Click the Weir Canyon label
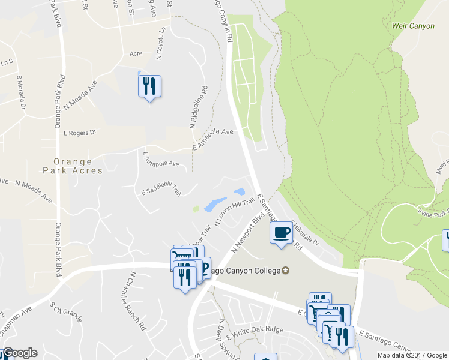pos(412,26)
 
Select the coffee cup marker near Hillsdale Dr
pos(281,232)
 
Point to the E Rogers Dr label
pos(79,133)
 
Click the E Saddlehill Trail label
pos(161,191)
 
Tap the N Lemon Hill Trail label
pos(235,213)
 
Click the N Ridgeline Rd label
pos(199,107)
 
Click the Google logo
pos(19,353)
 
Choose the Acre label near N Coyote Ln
pos(136,53)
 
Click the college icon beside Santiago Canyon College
pos(286,271)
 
